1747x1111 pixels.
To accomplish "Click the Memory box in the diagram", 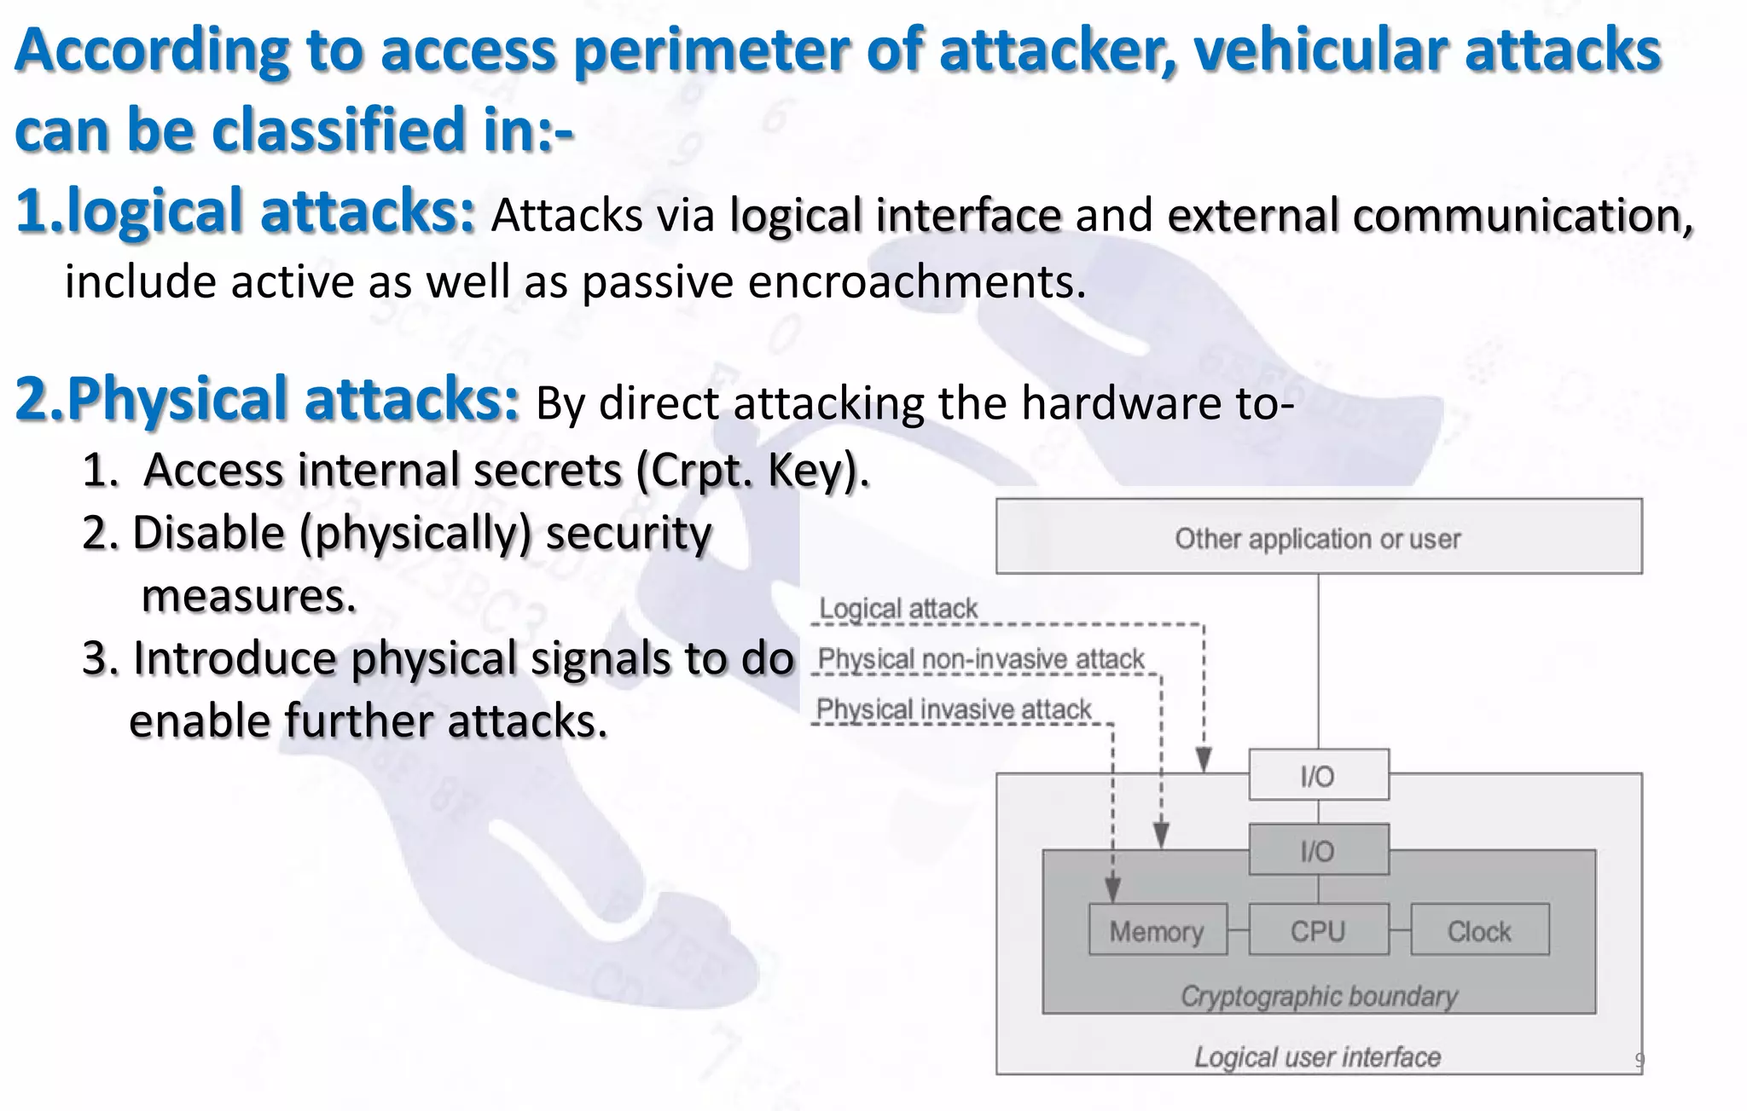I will (1158, 930).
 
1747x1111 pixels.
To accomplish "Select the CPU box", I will (1318, 930).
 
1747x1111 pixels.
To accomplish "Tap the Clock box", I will (1479, 930).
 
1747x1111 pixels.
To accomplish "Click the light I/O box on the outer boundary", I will (1318, 775).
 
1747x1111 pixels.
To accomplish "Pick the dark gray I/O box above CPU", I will (1318, 850).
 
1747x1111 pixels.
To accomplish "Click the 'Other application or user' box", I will (1318, 537).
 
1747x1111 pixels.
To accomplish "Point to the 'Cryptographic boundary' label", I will (1319, 995).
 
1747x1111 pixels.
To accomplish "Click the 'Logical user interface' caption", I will (1317, 1056).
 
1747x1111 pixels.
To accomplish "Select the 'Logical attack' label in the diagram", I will (897, 608).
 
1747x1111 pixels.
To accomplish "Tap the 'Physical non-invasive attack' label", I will (980, 658).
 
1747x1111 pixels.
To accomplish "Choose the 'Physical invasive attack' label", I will (953, 709).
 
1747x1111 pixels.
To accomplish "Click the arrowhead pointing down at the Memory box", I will (1112, 890).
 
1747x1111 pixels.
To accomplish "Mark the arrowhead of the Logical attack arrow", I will (1204, 760).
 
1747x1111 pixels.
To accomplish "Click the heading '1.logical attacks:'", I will (245, 211).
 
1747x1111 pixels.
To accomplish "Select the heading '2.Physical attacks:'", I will (266, 399).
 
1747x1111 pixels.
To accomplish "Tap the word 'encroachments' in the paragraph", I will (916, 282).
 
